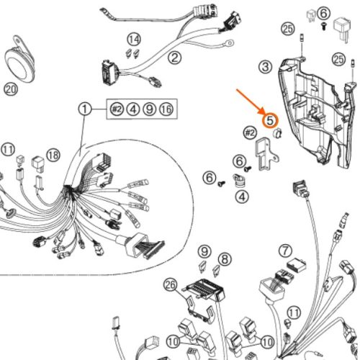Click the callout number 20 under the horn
tap(11, 89)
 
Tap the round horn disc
tap(19, 66)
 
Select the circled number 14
tap(134, 40)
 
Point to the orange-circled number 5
tap(270, 120)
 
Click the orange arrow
tap(251, 102)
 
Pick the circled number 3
tap(266, 67)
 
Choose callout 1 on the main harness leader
tap(85, 109)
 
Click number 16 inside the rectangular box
tap(166, 109)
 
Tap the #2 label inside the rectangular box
tap(117, 109)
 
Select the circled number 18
tap(53, 155)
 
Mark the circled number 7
tap(285, 251)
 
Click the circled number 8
tap(225, 259)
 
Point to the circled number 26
tap(170, 285)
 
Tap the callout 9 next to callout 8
tap(204, 251)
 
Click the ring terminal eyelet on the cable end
tap(230, 43)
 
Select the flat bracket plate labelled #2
tap(266, 153)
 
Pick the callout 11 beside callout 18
tap(8, 150)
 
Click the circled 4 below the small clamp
tap(242, 197)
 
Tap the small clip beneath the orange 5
tap(278, 133)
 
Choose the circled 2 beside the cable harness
tap(175, 58)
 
